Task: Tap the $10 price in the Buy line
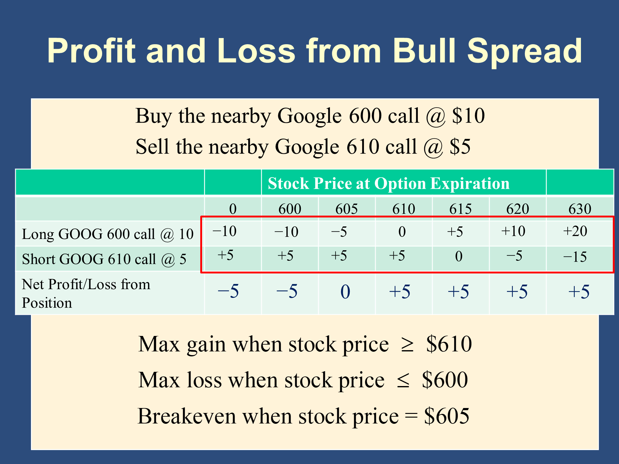click(468, 116)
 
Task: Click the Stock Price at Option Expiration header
click(388, 183)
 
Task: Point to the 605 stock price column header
click(347, 209)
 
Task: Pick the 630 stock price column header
click(580, 209)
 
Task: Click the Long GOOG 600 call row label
click(108, 234)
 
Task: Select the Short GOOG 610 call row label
click(104, 259)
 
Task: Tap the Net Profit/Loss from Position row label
click(86, 293)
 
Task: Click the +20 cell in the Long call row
click(575, 231)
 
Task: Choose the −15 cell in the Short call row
click(575, 256)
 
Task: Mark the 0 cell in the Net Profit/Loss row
click(345, 292)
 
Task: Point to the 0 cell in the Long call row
click(402, 232)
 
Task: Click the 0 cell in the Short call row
click(459, 256)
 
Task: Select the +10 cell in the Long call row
click(513, 231)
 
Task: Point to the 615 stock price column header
click(461, 209)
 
